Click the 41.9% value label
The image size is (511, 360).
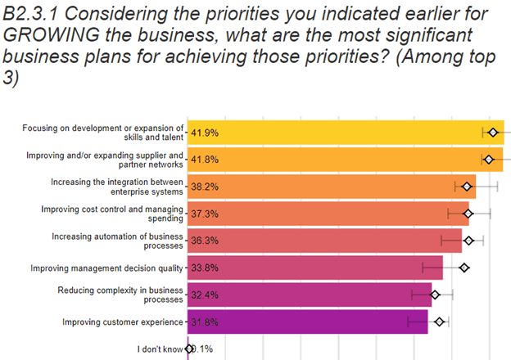tap(205, 133)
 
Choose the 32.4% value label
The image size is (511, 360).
tap(205, 295)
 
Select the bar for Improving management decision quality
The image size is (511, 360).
tap(328, 268)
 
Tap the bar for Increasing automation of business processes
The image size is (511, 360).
tap(328, 241)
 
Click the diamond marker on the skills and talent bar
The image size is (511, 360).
tap(493, 133)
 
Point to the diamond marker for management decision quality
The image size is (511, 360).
tap(464, 268)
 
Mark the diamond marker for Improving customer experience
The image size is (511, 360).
tap(440, 322)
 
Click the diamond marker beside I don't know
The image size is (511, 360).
tap(189, 349)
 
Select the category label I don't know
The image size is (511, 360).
tap(161, 349)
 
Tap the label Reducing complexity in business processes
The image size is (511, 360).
tap(120, 295)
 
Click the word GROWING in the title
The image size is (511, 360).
tap(53, 37)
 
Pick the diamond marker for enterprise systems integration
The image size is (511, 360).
tap(468, 187)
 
